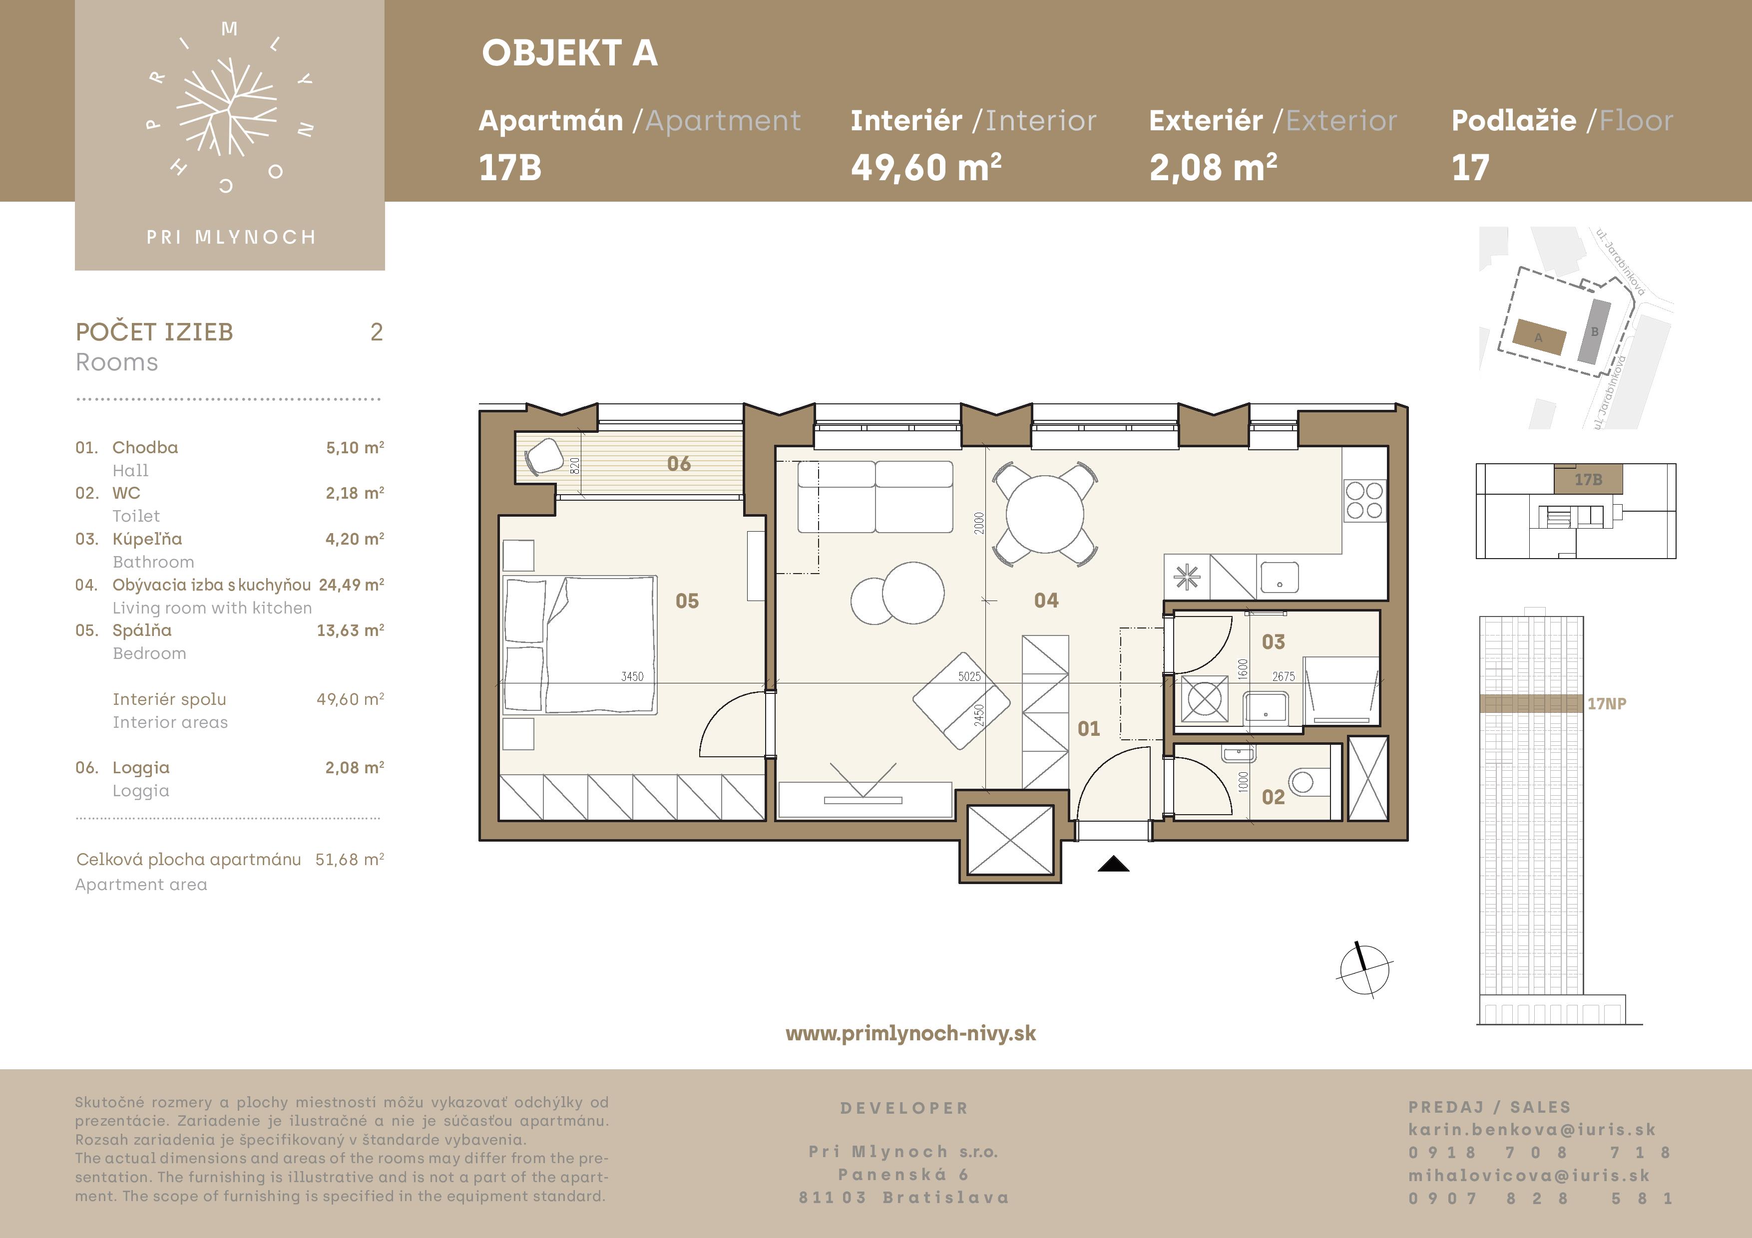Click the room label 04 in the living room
pyautogui.click(x=1046, y=601)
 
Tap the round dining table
pyautogui.click(x=1045, y=514)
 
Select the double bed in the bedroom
pyautogui.click(x=579, y=644)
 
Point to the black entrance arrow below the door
pyautogui.click(x=1113, y=864)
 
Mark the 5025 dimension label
pyautogui.click(x=969, y=676)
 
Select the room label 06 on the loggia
pyautogui.click(x=678, y=464)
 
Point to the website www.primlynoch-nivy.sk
pyautogui.click(x=910, y=1033)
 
